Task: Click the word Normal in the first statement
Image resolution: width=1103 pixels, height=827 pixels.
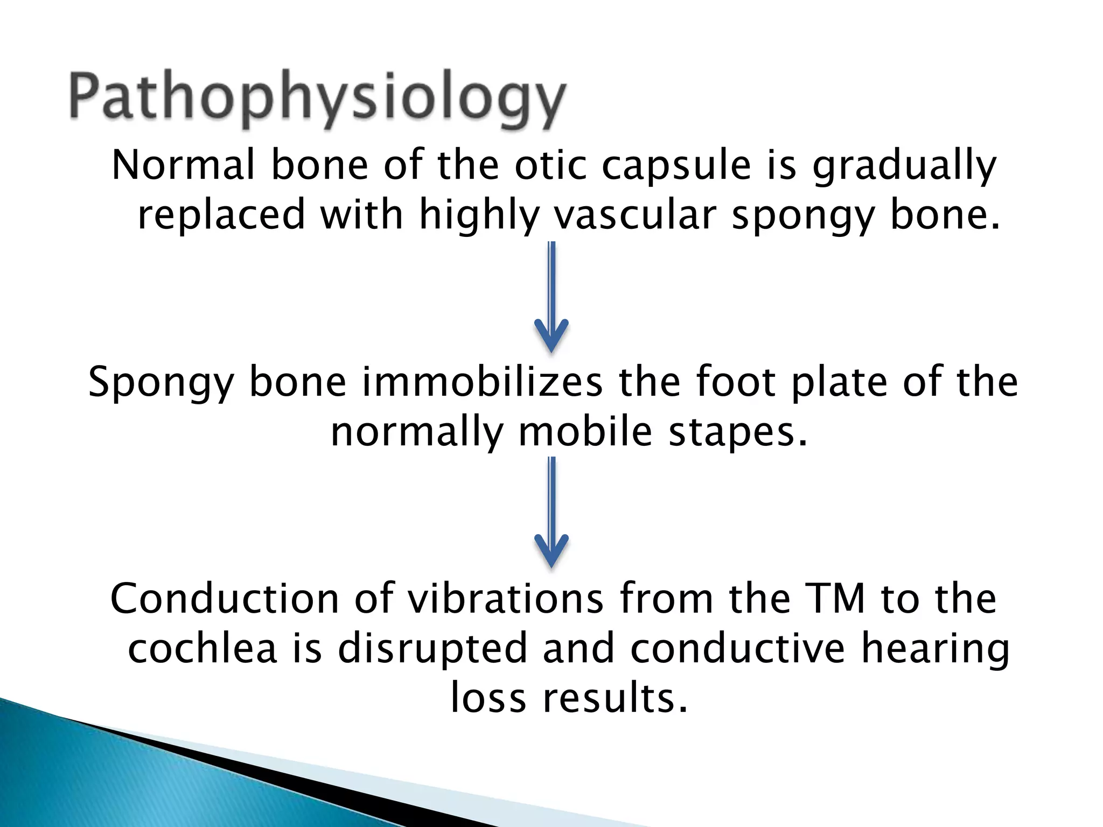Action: (183, 165)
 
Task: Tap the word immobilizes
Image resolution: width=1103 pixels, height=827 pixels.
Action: (482, 382)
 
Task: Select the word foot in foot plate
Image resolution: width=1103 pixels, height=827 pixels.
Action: (736, 382)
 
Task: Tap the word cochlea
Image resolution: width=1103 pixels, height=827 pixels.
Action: (203, 648)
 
